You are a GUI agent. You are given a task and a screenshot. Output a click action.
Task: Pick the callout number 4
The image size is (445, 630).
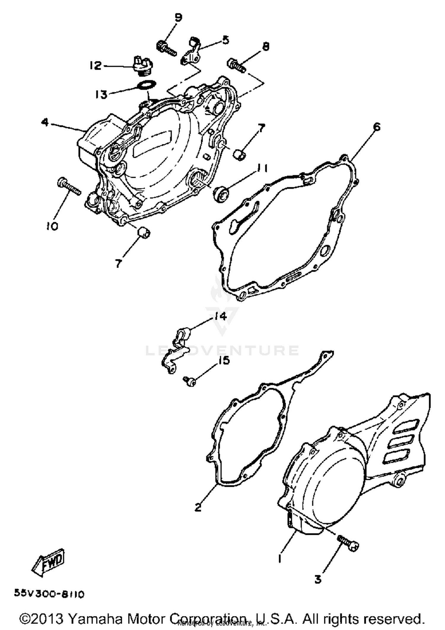coord(45,122)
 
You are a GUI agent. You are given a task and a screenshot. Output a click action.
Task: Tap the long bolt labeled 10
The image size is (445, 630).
coord(69,187)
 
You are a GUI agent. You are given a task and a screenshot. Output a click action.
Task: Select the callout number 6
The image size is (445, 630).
coord(376,127)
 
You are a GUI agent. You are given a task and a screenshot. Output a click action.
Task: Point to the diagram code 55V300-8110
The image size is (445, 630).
coord(49,594)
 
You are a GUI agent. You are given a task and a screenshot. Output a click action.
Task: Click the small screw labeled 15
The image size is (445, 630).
coord(189,382)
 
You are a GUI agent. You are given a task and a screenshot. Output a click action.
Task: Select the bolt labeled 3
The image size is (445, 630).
coord(348,542)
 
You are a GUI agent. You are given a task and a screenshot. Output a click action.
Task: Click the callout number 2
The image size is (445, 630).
coord(198,507)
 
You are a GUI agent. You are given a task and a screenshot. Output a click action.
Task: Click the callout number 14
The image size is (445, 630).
coord(220,316)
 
